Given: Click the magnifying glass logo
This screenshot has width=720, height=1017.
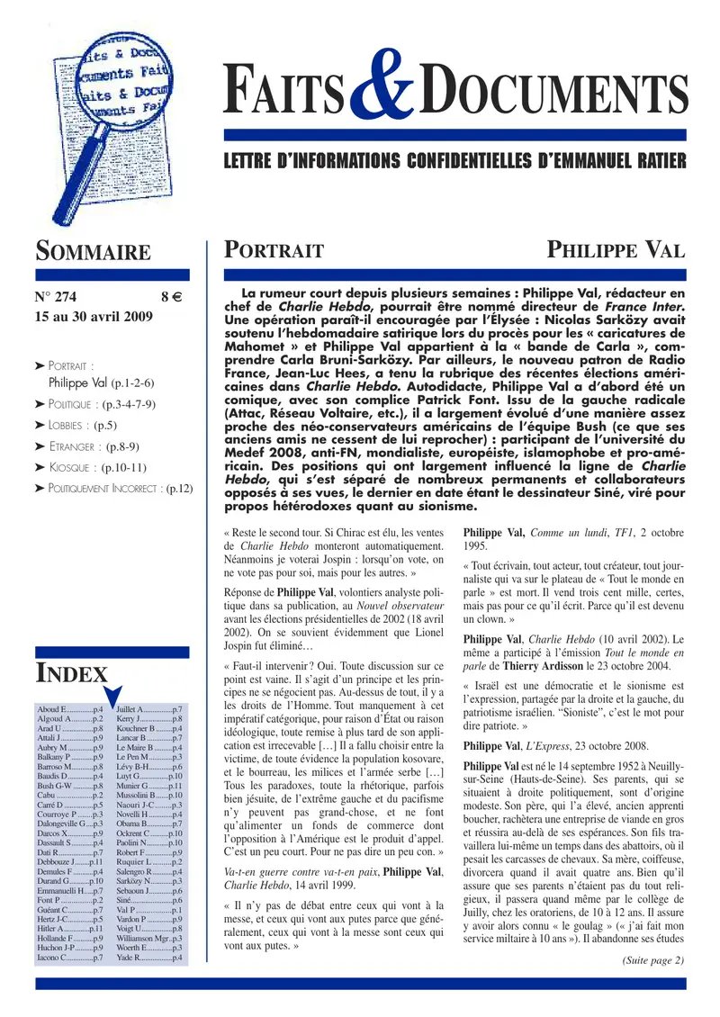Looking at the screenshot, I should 99,117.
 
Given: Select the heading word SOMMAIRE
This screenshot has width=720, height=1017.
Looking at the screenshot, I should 93,251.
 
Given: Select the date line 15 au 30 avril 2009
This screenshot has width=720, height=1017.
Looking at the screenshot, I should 94,317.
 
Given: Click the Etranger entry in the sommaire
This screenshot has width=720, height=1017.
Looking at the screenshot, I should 92,446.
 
